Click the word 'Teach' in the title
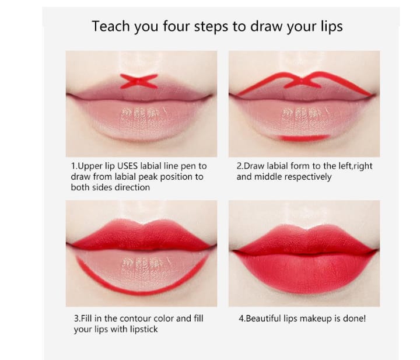(111, 26)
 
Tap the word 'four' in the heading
(177, 26)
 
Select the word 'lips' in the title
(331, 27)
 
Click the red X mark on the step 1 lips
(139, 81)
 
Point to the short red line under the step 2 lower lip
(304, 138)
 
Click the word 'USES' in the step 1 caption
(127, 166)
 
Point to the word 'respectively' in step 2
(308, 177)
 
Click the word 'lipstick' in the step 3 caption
(144, 329)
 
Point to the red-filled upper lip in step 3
(141, 236)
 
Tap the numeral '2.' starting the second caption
(240, 166)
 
